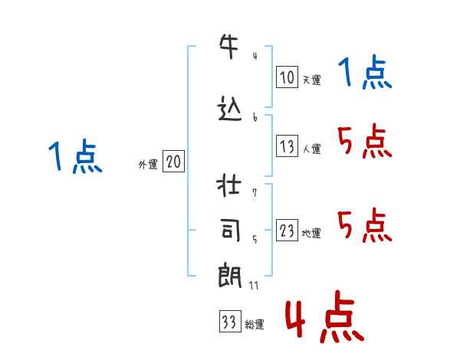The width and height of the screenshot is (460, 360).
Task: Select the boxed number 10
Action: tap(287, 77)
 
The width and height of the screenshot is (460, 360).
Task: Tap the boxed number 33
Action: tap(228, 322)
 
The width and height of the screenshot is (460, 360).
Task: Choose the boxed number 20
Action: tap(173, 162)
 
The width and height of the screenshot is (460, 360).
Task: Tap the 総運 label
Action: tap(254, 324)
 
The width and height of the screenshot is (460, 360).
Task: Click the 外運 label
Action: tap(147, 164)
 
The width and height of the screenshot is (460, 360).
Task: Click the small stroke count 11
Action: tap(255, 285)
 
